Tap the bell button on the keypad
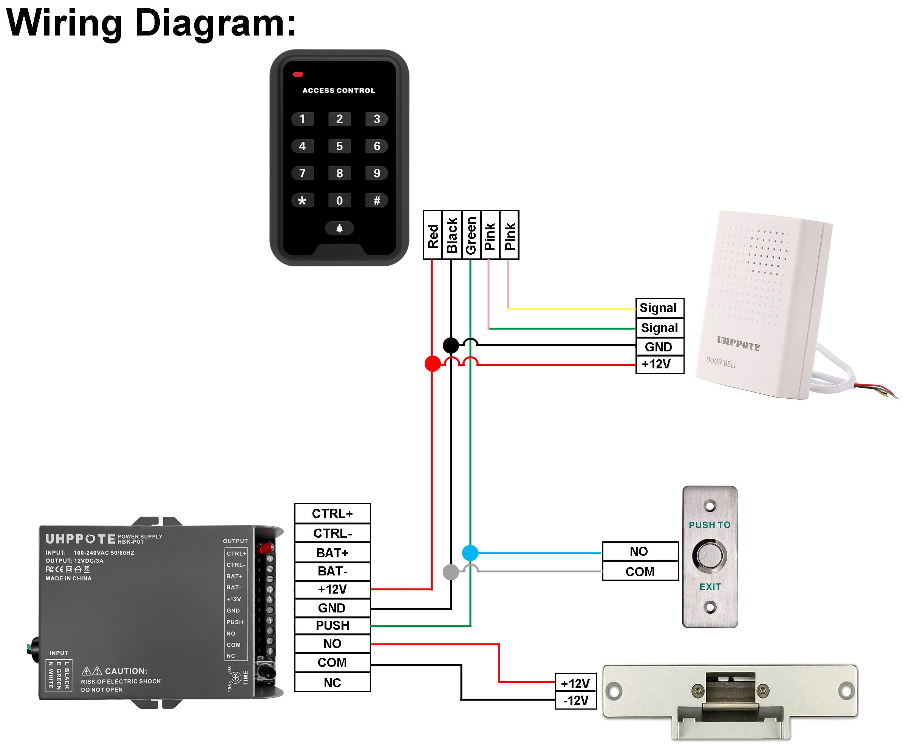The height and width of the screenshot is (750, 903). tap(339, 228)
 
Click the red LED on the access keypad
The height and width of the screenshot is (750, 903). tap(298, 74)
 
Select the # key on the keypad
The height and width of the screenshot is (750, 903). tap(377, 200)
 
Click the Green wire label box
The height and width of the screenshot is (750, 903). tap(471, 235)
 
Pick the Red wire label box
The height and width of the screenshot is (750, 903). tap(433, 235)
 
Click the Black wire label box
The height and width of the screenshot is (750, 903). tap(451, 235)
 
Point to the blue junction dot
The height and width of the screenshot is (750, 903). tap(470, 553)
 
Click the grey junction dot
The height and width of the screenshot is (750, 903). tap(451, 572)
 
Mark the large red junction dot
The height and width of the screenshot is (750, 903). tap(433, 364)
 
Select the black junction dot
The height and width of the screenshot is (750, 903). tap(451, 345)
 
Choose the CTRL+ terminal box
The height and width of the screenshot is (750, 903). tap(332, 513)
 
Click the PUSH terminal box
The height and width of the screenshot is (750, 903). tap(332, 625)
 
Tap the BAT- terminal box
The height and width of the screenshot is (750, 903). tap(332, 571)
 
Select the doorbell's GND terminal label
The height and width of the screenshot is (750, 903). tap(659, 346)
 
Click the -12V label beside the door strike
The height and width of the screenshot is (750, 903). tap(576, 701)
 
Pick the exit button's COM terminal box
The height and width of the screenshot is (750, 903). tap(640, 572)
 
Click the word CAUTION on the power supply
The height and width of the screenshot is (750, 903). tap(125, 671)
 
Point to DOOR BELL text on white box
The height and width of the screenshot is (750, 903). tap(721, 363)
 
